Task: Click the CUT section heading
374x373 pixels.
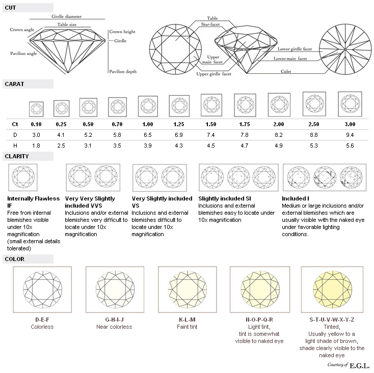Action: click(10, 8)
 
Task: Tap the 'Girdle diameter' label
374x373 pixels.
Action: click(67, 16)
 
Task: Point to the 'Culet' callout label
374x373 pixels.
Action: click(286, 71)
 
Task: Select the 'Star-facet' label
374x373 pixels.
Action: click(210, 24)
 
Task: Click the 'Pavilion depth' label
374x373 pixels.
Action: click(123, 71)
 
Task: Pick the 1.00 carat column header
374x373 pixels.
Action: click(148, 124)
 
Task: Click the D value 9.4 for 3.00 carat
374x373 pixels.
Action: click(350, 135)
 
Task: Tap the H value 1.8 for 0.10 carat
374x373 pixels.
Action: click(36, 146)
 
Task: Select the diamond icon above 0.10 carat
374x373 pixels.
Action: click(36, 109)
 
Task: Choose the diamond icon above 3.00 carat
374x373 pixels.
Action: click(350, 104)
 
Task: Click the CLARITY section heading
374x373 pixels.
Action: click(17, 156)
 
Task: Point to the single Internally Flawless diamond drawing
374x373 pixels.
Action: click(23, 178)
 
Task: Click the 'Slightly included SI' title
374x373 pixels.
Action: click(225, 198)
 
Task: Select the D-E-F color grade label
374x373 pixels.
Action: click(42, 320)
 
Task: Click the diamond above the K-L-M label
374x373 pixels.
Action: click(188, 290)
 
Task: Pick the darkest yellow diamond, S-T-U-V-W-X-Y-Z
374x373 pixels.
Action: click(332, 290)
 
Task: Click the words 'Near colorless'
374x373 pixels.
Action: click(114, 327)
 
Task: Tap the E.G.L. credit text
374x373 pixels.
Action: click(359, 365)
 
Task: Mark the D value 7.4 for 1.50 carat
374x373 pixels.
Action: click(211, 135)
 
